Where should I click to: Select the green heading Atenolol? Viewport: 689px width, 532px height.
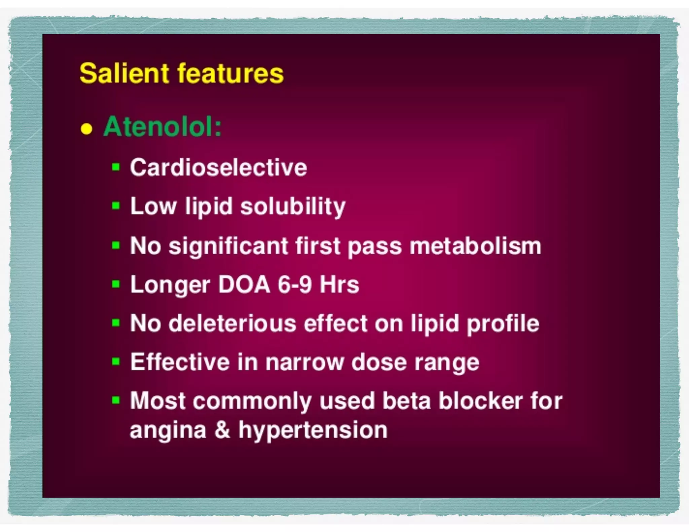click(162, 127)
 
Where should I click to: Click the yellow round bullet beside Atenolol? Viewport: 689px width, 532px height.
click(86, 129)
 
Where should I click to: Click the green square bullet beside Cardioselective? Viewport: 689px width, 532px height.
click(116, 167)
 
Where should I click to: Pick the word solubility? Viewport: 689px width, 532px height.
click(293, 206)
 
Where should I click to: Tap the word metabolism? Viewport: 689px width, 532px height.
click(475, 246)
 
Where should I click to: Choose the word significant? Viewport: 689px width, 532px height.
click(228, 246)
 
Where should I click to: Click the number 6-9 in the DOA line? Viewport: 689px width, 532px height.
click(295, 284)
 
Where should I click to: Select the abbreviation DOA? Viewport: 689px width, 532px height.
click(244, 284)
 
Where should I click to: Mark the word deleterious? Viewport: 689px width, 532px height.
click(232, 323)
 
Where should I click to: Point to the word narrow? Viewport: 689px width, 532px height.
click(304, 362)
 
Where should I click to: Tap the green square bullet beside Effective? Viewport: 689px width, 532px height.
click(116, 362)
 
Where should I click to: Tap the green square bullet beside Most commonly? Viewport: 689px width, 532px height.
click(116, 400)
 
